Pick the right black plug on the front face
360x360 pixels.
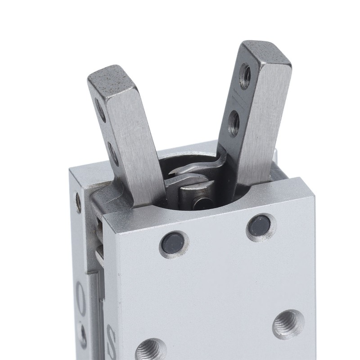259,225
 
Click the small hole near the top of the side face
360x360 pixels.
79,202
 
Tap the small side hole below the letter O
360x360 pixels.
83,334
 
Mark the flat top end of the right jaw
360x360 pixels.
266,52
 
